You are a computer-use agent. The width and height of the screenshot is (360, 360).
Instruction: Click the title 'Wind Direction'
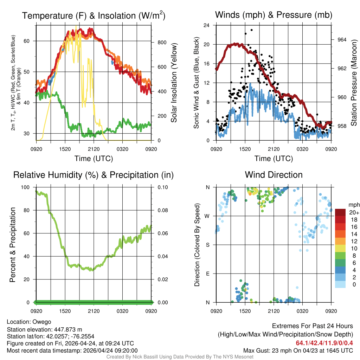click(274, 175)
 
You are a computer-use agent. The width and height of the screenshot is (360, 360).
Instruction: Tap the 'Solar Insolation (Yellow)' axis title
click(174, 83)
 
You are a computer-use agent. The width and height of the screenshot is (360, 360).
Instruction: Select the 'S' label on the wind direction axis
click(207, 245)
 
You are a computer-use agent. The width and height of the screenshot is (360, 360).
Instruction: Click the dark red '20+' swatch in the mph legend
click(341, 212)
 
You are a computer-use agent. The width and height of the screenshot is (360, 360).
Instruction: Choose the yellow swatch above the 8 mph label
click(341, 248)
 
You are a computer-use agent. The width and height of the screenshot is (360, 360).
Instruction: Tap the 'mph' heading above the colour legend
click(353, 205)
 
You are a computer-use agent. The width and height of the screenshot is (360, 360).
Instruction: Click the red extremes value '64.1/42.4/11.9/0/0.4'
click(324, 343)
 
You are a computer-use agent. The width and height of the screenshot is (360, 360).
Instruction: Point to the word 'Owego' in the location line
click(42, 322)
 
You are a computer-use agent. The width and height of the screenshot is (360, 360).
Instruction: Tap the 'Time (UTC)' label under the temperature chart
click(94, 159)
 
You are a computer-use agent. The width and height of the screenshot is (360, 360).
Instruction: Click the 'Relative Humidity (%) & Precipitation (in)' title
click(94, 175)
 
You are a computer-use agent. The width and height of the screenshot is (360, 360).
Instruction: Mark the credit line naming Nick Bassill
click(180, 357)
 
